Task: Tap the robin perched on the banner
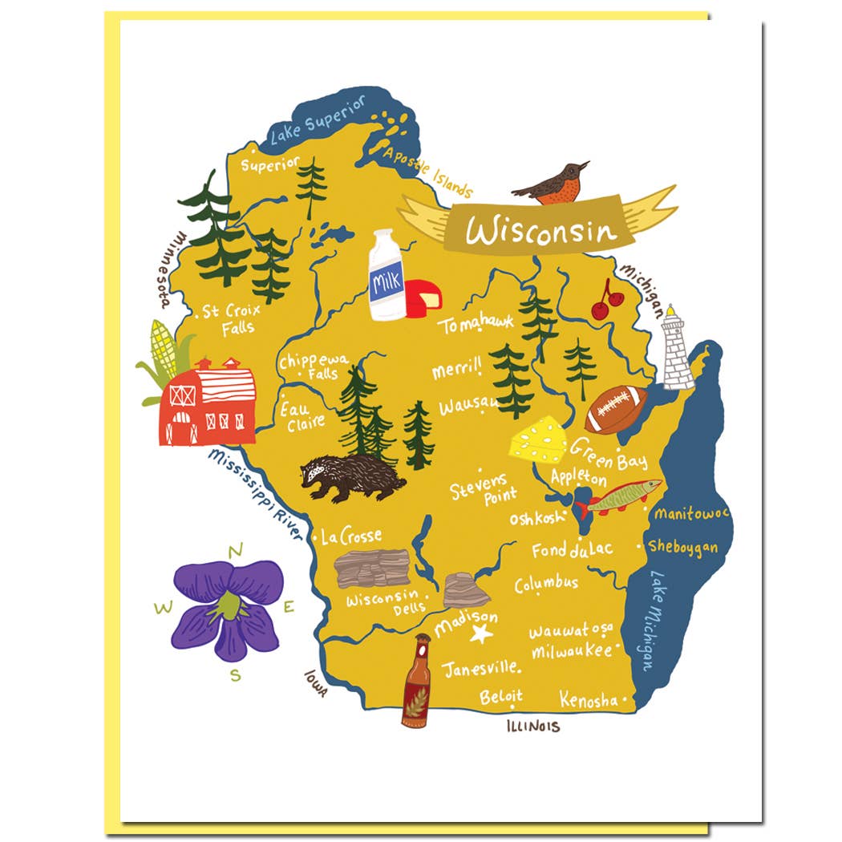tap(555, 183)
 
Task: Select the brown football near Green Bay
tap(616, 409)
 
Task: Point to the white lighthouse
tap(677, 350)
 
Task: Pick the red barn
tap(208, 403)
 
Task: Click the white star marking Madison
tap(481, 634)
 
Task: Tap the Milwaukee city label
tap(571, 651)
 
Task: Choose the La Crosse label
tap(351, 536)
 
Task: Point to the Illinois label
tap(532, 727)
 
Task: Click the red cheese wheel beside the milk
tap(423, 298)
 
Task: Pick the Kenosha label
tap(589, 699)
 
